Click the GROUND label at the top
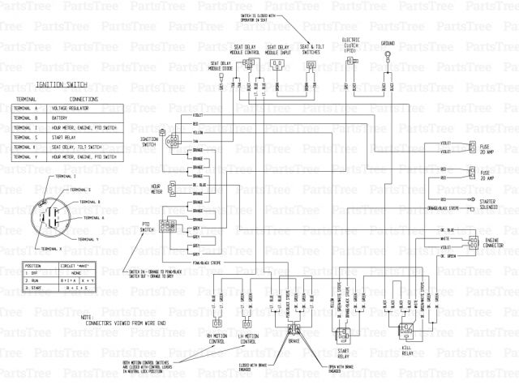pyautogui.click(x=388, y=42)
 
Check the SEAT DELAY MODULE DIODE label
pyautogui.click(x=225, y=66)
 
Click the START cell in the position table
pyautogui.click(x=32, y=288)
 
